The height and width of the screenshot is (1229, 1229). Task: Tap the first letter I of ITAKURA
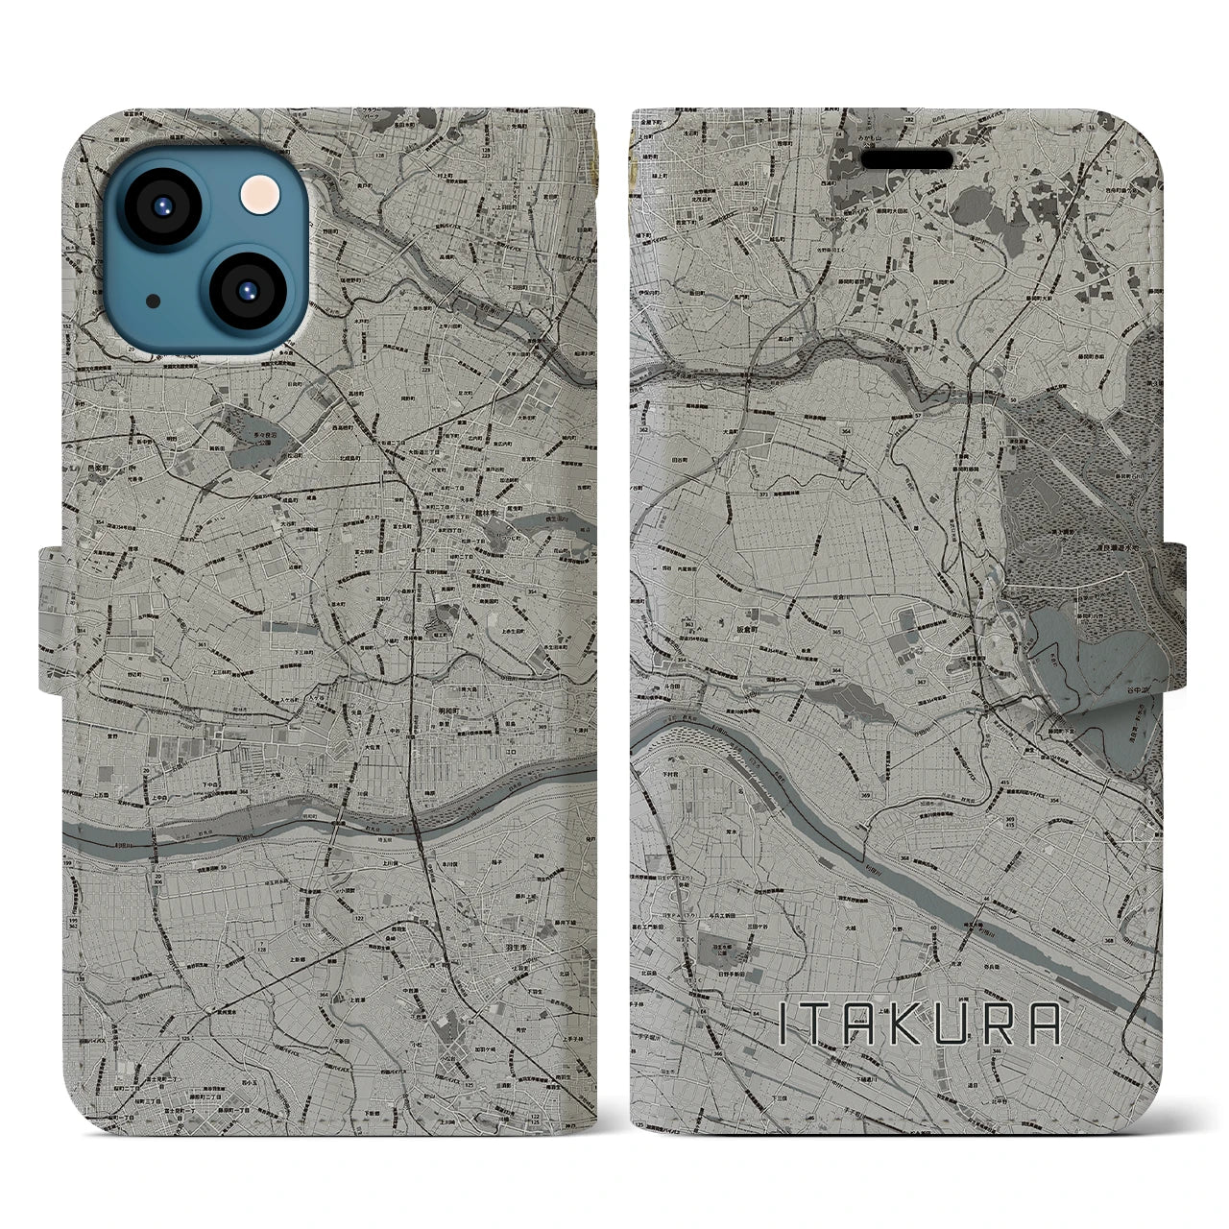(x=783, y=1024)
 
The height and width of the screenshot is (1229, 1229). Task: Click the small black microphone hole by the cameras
(x=154, y=301)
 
